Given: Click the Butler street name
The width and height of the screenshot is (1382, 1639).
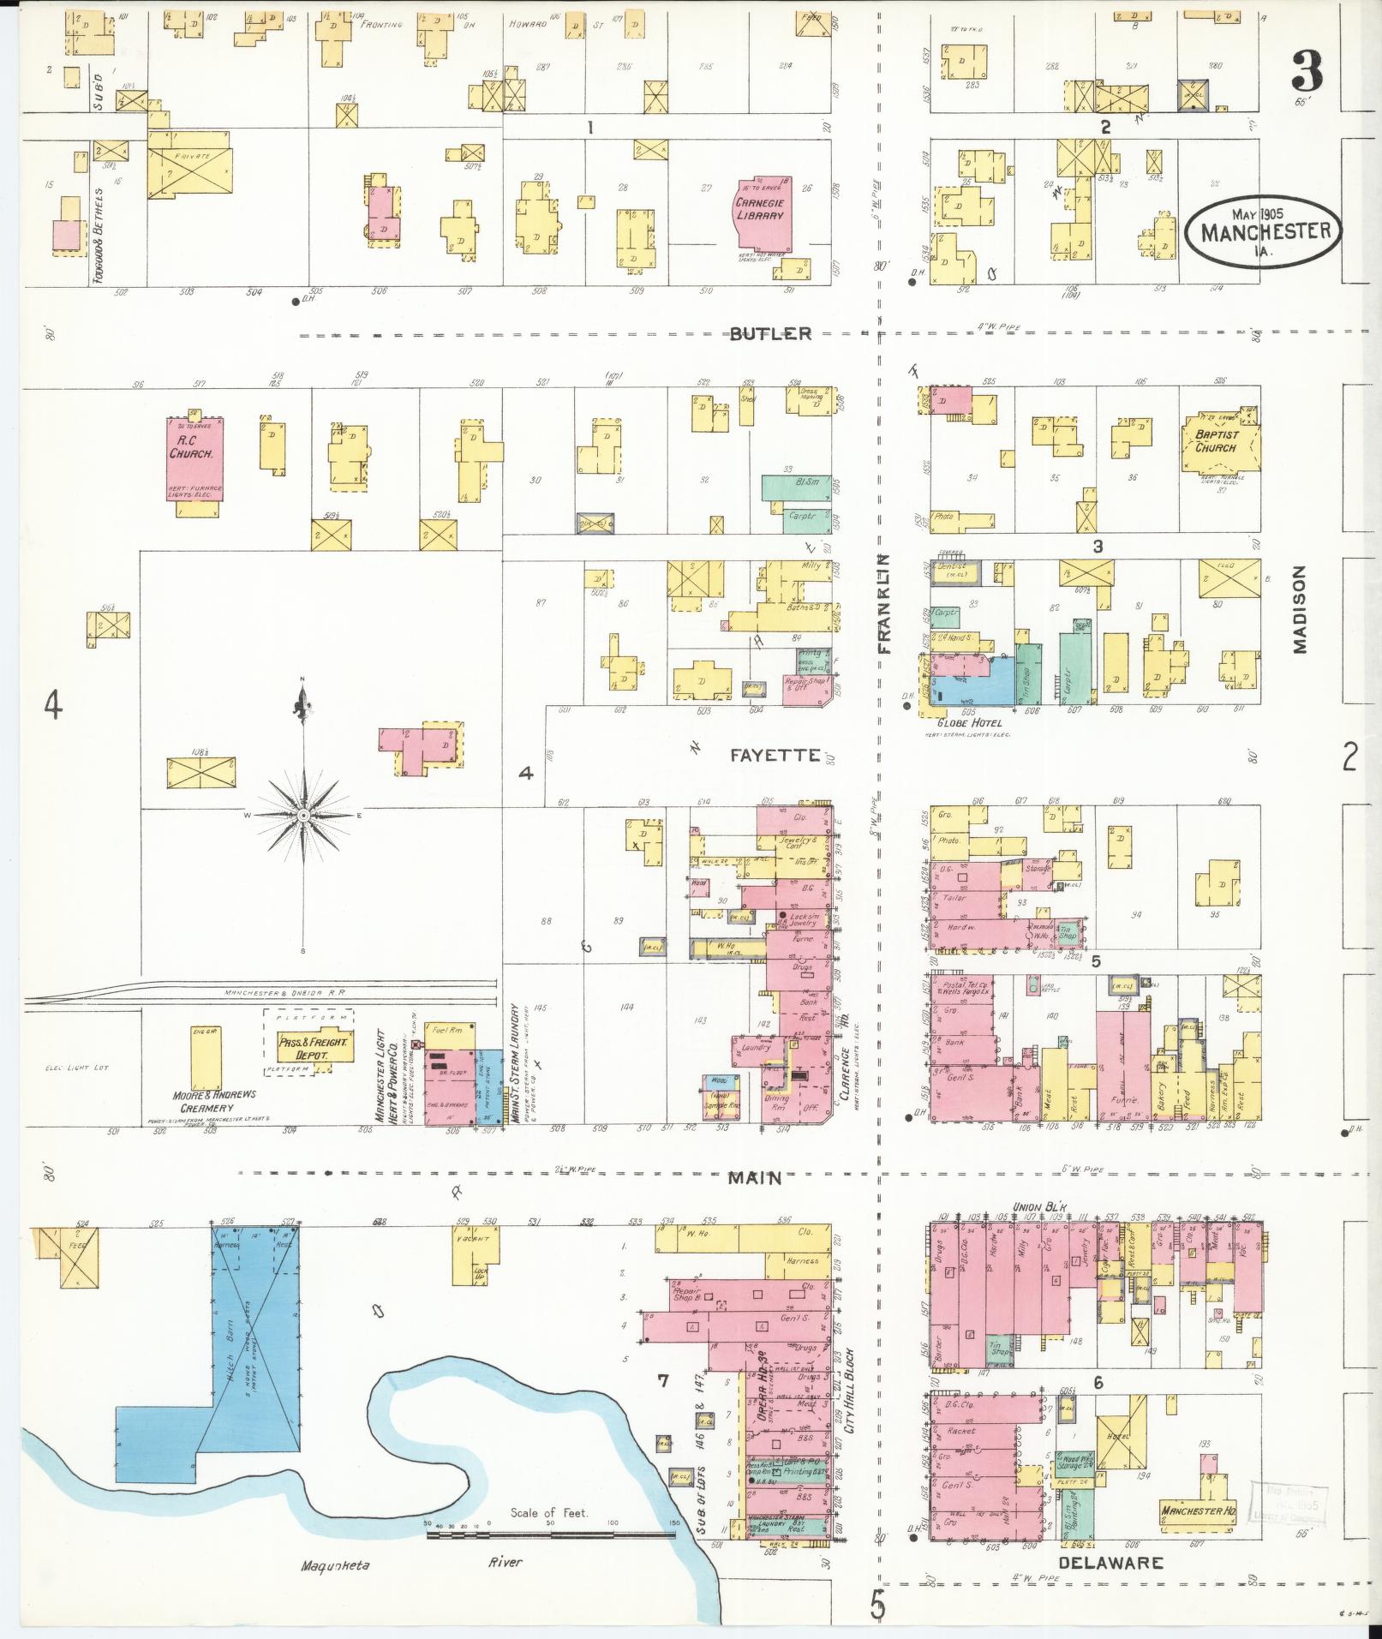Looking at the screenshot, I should pyautogui.click(x=770, y=334).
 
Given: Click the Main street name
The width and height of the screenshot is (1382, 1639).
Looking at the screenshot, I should pyautogui.click(x=755, y=1178).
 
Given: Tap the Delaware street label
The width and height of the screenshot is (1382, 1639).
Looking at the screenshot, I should pyautogui.click(x=1110, y=1563).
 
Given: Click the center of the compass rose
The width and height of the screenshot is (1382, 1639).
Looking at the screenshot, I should pyautogui.click(x=302, y=816).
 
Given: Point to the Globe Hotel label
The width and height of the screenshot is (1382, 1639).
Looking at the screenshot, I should pyautogui.click(x=970, y=723).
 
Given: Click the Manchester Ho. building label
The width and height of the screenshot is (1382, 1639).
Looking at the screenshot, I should pyautogui.click(x=1197, y=1510).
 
